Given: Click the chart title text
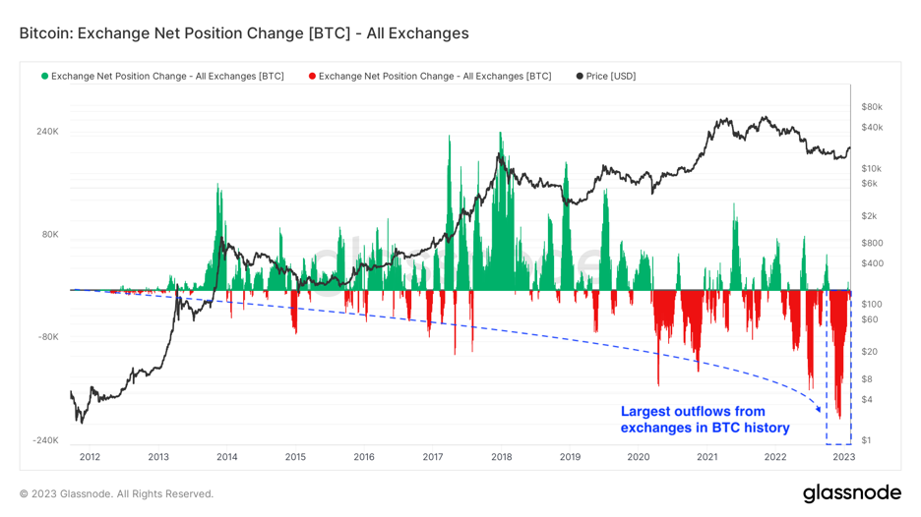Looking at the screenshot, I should tap(243, 33).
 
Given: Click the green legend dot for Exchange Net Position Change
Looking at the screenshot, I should tap(44, 77).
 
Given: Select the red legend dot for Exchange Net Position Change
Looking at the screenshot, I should tap(312, 77).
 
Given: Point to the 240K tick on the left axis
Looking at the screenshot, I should tap(48, 132).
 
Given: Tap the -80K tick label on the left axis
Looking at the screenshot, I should tap(48, 337).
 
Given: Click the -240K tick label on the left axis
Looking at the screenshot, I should tap(46, 440).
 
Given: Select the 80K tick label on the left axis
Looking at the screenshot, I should tap(50, 235).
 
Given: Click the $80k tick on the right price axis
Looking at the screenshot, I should tap(871, 107).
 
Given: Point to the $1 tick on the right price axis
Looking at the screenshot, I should tap(866, 440).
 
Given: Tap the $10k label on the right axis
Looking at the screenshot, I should tap(871, 169).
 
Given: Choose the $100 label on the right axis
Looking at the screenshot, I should tap(870, 305).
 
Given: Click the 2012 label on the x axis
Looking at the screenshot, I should tap(90, 457).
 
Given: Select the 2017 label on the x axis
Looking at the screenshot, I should tap(433, 457).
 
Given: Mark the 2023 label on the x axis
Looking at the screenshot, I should tap(843, 457).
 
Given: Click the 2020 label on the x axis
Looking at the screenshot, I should tap(639, 457).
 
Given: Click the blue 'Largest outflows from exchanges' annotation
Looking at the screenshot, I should tap(705, 420).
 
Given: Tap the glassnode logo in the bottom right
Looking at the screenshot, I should tap(851, 492).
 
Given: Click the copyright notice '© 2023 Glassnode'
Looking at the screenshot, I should tap(116, 493).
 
